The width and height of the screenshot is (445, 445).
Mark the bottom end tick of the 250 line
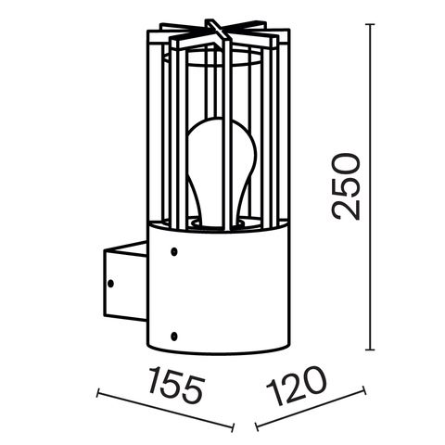click(x=371, y=350)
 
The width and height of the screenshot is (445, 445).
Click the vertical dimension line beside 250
click(x=371, y=185)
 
